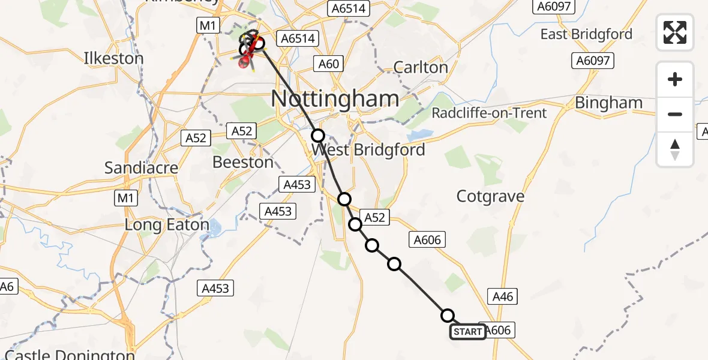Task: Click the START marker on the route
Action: (468, 332)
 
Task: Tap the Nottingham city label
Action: (335, 99)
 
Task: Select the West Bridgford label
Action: (368, 149)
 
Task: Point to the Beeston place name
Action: (244, 163)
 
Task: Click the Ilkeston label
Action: (114, 59)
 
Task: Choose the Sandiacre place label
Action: (141, 168)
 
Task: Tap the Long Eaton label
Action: (167, 226)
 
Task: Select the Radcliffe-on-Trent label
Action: (489, 113)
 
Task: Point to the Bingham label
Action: (608, 103)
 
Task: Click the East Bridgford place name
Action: (586, 34)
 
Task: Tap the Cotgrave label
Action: (490, 196)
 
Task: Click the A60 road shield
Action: (328, 64)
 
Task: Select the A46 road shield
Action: (503, 296)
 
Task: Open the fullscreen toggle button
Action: (675, 32)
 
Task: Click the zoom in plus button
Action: (675, 79)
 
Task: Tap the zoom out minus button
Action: (675, 114)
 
